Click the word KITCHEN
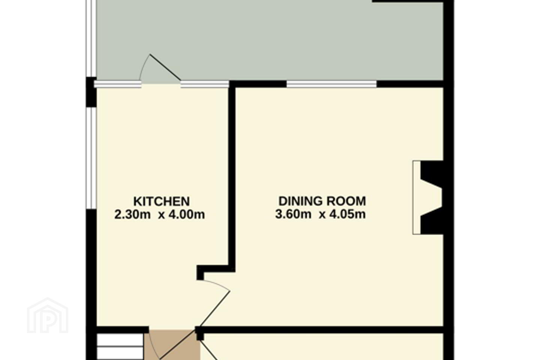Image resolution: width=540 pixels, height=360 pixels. click(162, 201)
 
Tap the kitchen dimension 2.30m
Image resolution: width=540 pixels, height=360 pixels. click(132, 214)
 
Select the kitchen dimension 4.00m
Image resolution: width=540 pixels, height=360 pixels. click(187, 214)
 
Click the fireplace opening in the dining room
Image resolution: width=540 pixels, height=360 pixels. click(428, 197)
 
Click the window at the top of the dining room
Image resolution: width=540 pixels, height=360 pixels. click(331, 84)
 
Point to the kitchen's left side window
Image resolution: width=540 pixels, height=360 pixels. click(91, 158)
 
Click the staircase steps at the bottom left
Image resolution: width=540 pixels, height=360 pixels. click(120, 346)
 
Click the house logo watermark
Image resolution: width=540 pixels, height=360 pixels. click(48, 315)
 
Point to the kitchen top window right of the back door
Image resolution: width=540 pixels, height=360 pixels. click(205, 84)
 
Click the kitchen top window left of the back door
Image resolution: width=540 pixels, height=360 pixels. click(117, 84)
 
